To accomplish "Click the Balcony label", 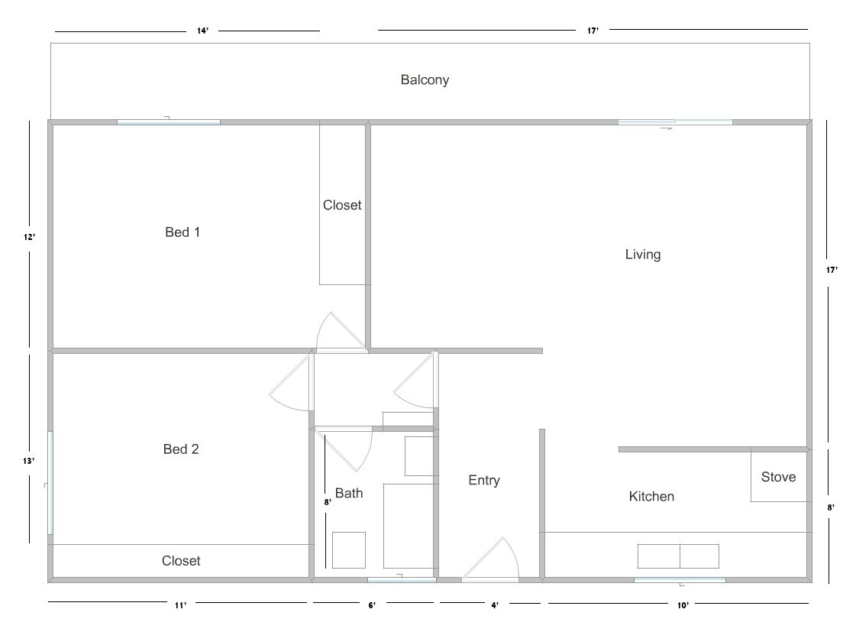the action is tap(425, 79).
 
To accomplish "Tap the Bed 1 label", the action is tap(183, 232).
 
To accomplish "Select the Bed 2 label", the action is tap(181, 449).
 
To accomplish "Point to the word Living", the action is tap(642, 254).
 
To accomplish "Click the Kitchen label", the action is tap(651, 497).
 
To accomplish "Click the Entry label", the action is tap(484, 480).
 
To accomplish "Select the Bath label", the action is tap(349, 494).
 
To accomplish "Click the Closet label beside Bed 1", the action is tap(342, 205).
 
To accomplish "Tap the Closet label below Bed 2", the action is tap(181, 561).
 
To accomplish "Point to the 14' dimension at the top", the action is tap(202, 31).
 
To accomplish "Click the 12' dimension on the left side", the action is tap(29, 237).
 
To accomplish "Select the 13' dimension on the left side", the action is tap(28, 461).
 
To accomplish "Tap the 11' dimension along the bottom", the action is tap(180, 605).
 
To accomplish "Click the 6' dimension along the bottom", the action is tap(372, 605).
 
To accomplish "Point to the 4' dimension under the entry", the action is tap(495, 605).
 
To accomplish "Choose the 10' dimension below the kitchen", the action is tap(683, 605).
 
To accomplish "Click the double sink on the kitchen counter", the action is tap(678, 556).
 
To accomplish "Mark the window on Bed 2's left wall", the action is tap(50, 483).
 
